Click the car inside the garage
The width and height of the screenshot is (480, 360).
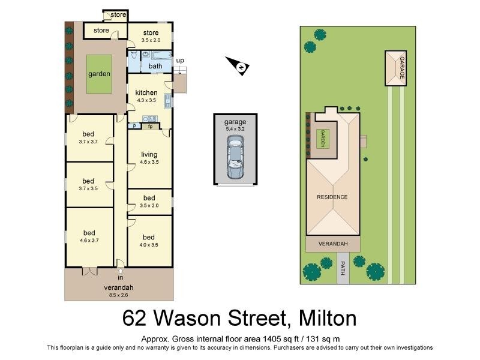(235, 157)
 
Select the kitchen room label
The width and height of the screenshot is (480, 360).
(146, 92)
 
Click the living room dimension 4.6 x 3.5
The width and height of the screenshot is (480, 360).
(149, 163)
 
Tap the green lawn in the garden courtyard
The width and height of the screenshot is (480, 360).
(100, 74)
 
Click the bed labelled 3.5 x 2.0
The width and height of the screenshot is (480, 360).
(149, 198)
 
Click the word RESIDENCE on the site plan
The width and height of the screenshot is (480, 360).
(332, 197)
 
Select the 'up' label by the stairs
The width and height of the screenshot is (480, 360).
(180, 61)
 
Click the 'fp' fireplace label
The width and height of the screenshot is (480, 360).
(151, 126)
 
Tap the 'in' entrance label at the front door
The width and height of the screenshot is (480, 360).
(120, 278)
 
